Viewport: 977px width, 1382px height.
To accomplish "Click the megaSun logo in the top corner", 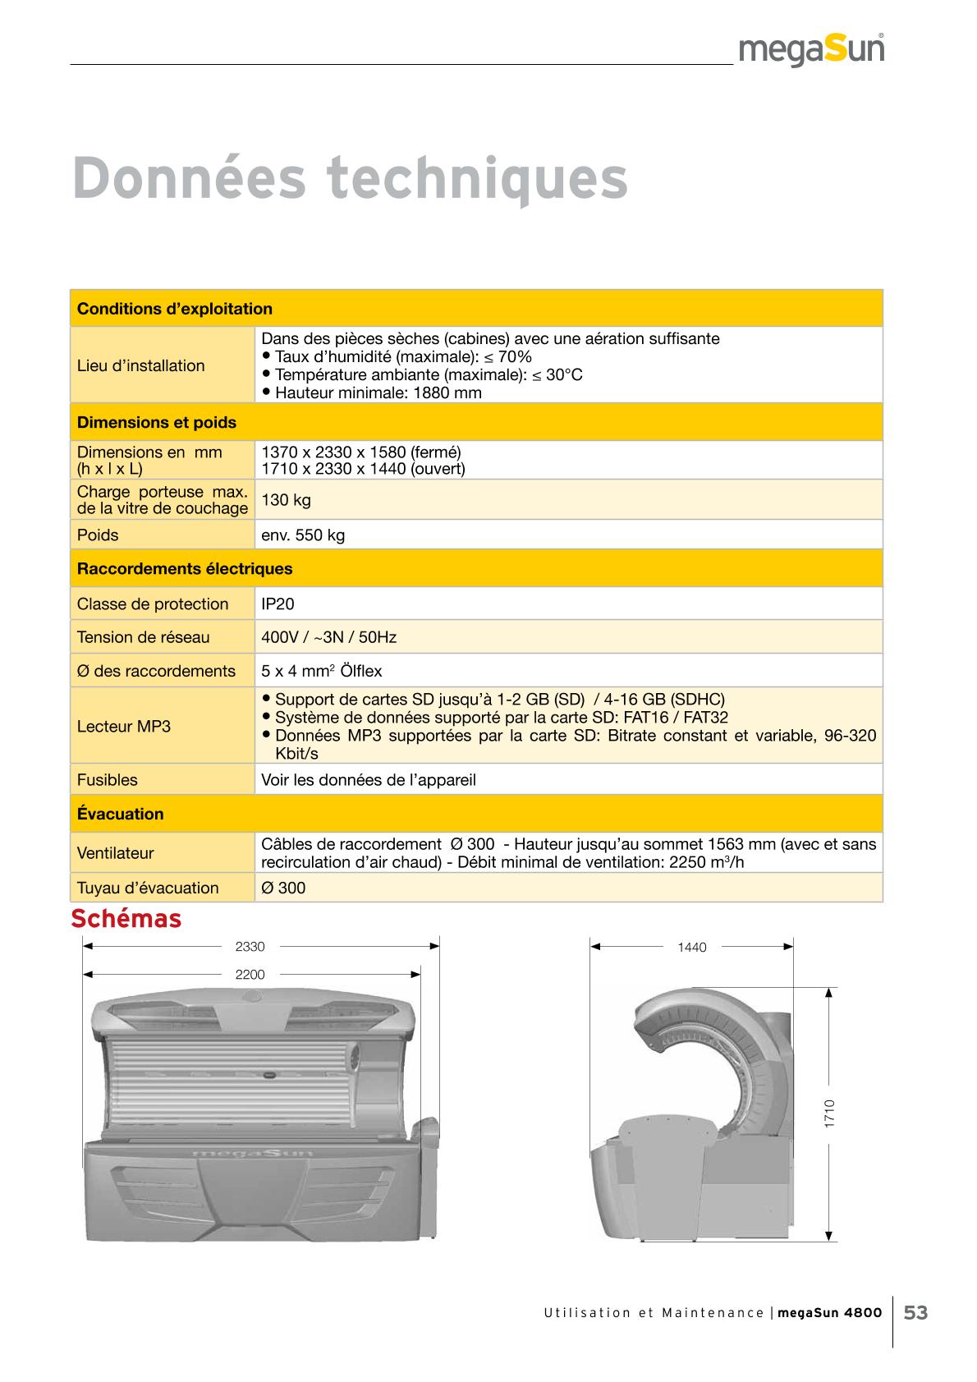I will (x=811, y=51).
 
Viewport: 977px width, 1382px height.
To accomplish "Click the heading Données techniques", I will (x=351, y=178).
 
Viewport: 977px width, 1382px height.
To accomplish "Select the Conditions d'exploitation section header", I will (x=175, y=310).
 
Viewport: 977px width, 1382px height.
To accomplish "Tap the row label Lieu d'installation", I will (x=141, y=365).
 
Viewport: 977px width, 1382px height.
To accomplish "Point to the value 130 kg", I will (x=286, y=500).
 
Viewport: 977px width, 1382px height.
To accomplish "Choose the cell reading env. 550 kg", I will (x=303, y=535).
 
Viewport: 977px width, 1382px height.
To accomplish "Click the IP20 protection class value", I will (x=278, y=604).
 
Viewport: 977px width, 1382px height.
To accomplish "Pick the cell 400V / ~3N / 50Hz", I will (x=328, y=637).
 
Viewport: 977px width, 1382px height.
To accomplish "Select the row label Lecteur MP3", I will (x=124, y=727).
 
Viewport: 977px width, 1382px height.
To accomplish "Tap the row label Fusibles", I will (x=108, y=780).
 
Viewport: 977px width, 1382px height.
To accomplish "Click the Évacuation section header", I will (x=121, y=815).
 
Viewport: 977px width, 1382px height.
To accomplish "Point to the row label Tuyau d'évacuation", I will (x=148, y=888).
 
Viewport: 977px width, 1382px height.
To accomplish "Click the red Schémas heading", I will (x=126, y=919).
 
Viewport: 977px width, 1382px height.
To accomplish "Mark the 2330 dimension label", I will (x=250, y=947).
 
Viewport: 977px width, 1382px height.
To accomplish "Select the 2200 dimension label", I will (x=250, y=975).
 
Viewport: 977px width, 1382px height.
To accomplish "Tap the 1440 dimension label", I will (x=692, y=948).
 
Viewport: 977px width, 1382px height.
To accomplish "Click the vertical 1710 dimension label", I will (x=830, y=1113).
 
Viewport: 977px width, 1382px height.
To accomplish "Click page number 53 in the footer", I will (x=916, y=1313).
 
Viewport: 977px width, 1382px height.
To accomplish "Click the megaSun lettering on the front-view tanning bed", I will (x=253, y=1153).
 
